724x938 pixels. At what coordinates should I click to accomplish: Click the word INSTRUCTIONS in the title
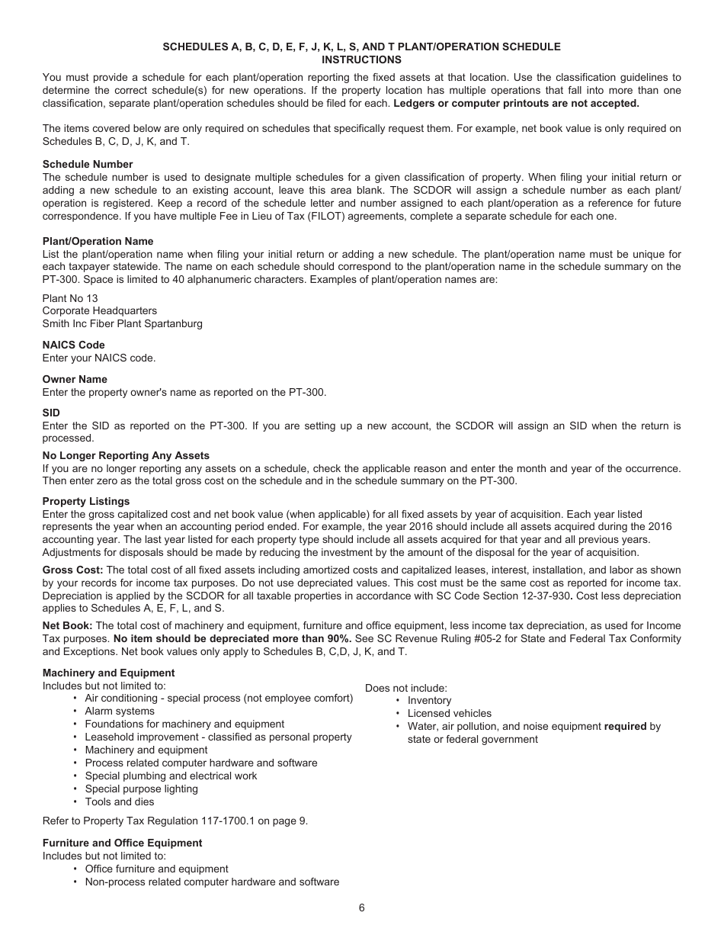click(361, 59)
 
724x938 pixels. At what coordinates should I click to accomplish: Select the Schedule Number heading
click(88, 164)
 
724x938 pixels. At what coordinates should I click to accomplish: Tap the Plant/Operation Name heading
click(98, 241)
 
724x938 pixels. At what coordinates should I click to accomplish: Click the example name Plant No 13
click(70, 298)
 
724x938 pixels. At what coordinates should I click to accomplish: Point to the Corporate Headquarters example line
click(100, 310)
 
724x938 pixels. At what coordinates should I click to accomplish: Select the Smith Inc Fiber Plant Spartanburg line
click(123, 323)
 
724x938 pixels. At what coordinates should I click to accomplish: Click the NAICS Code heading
click(74, 345)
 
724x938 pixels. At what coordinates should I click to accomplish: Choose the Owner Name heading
click(75, 379)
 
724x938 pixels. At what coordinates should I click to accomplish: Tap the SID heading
click(51, 413)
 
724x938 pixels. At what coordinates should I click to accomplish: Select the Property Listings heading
click(86, 501)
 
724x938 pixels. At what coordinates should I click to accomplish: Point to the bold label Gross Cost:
click(72, 570)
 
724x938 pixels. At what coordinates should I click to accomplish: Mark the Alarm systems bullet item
click(120, 711)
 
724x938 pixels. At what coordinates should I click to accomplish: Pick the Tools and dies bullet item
click(120, 801)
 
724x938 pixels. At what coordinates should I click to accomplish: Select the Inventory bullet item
click(429, 700)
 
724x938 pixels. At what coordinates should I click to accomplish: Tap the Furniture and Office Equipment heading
click(123, 843)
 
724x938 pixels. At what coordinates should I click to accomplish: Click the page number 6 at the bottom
click(362, 907)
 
